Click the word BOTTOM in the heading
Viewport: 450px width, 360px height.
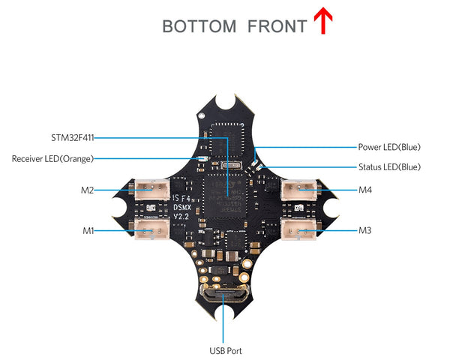199,27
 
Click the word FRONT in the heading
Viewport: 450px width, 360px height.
277,27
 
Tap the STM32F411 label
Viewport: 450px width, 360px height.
72,137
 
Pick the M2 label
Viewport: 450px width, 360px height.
87,190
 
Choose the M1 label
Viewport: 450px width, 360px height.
88,230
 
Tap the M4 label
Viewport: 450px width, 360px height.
365,190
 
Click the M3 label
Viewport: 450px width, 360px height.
365,230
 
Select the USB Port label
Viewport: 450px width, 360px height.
225,350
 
